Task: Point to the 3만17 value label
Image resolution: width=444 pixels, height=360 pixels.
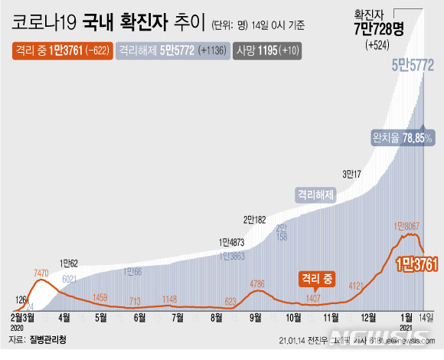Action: point(352,173)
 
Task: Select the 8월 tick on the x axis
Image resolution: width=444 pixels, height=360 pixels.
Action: point(216,316)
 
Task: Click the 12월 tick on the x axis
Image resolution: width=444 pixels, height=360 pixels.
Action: point(369,316)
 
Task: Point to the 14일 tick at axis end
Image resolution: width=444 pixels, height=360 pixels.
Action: point(426,316)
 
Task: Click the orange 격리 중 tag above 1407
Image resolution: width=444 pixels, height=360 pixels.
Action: point(317,279)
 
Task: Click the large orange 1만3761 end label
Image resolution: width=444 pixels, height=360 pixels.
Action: point(416,264)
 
